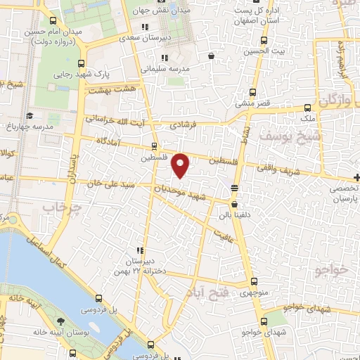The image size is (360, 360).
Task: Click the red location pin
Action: tap(181, 165)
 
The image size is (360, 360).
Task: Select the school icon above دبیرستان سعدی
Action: tap(146, 27)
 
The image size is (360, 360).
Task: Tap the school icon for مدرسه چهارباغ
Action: tap(30, 115)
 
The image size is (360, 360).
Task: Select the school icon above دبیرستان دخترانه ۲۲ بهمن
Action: tap(140, 250)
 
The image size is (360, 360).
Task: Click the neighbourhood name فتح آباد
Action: tap(205, 291)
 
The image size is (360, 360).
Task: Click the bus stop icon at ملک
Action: tap(308, 108)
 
